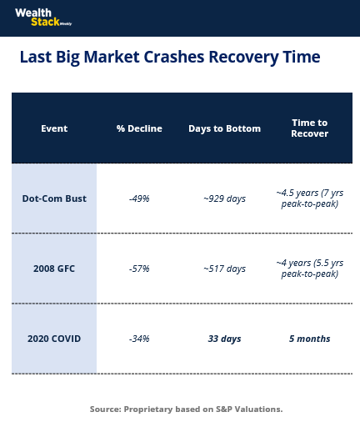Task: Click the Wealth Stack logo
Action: point(43,18)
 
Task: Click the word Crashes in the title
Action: point(174,57)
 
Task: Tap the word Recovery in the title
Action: point(243,58)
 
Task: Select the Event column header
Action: point(54,128)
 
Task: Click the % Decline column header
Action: point(139,128)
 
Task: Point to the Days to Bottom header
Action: point(224,128)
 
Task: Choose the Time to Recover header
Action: point(309,128)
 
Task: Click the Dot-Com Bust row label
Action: point(54,198)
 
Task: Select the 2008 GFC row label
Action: point(54,269)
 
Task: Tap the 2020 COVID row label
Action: point(54,339)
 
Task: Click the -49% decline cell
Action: point(139,198)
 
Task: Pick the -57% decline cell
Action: point(139,269)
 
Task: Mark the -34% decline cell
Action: point(139,339)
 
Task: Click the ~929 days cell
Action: point(224,198)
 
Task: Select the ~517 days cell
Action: point(224,269)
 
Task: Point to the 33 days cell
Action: point(224,339)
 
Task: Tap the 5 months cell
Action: point(309,339)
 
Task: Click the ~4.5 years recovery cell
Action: point(309,198)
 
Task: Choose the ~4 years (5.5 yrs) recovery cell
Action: point(309,269)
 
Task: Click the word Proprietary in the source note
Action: point(148,409)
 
